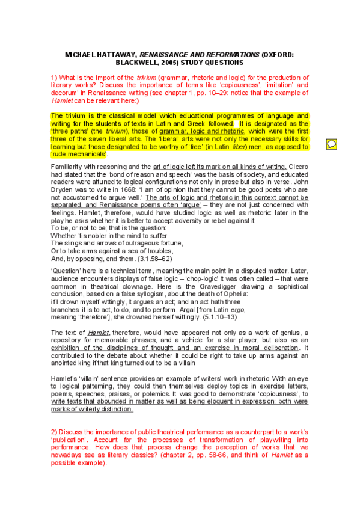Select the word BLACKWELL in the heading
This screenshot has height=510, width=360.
coord(140,62)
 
